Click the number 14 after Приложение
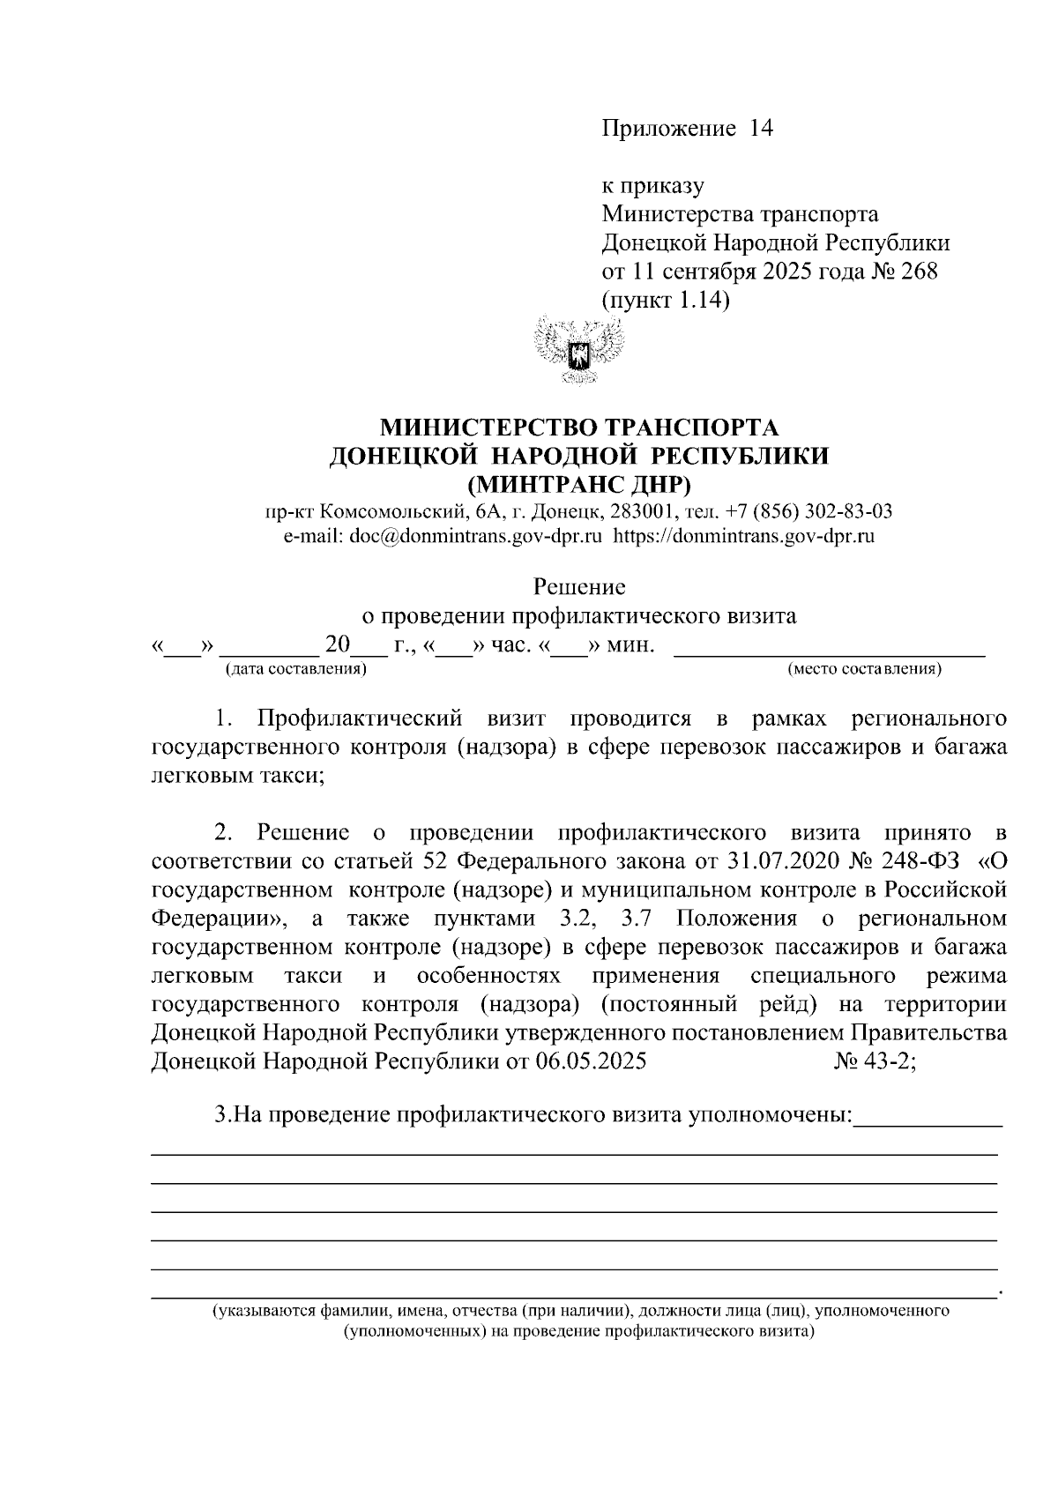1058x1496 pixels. point(760,129)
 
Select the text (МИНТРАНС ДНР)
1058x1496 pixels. point(578,484)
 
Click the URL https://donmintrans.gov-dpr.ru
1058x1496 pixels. point(743,535)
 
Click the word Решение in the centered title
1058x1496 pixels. point(579,586)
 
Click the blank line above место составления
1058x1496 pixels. point(829,651)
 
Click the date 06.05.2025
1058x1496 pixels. point(591,1061)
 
